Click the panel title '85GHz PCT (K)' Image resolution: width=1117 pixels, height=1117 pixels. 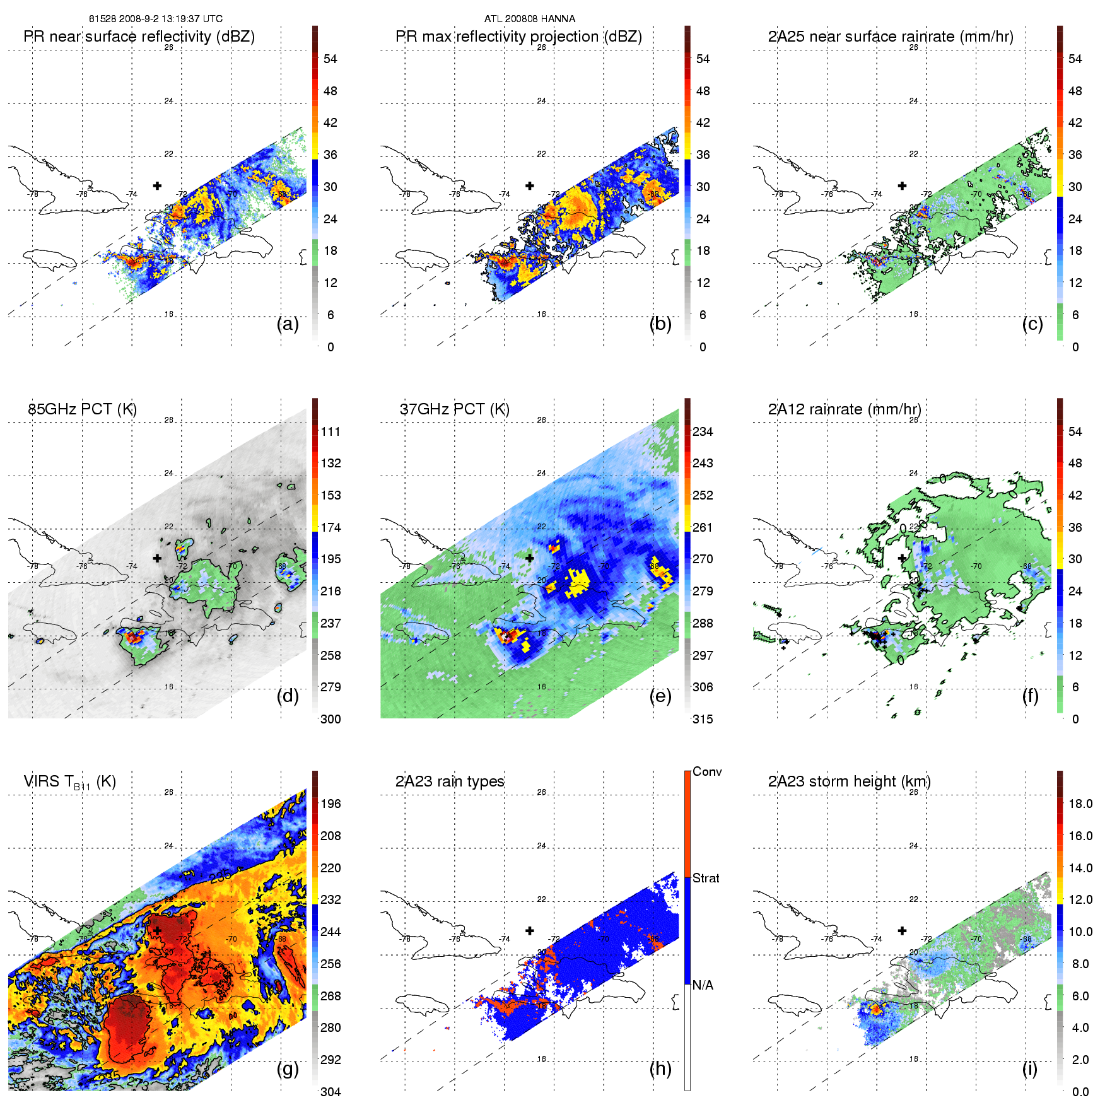point(82,409)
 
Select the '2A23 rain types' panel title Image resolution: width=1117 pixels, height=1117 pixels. point(450,781)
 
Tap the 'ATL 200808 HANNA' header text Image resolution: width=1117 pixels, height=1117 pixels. point(529,19)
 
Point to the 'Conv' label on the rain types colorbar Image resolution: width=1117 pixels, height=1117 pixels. point(707,771)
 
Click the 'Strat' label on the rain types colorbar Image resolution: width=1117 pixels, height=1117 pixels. point(706,878)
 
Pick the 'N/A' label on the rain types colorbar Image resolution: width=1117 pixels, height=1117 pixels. point(703,985)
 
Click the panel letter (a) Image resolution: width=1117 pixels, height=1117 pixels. point(288,324)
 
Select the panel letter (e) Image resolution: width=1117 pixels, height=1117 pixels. point(660,696)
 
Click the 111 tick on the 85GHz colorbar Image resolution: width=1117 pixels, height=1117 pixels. point(330,431)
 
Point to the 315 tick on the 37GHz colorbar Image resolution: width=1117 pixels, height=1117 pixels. point(703,719)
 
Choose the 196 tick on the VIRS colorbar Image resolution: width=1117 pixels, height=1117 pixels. point(330,804)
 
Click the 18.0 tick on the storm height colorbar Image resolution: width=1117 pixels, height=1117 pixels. point(1080,804)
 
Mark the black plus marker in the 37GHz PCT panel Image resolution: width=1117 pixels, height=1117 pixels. point(530,558)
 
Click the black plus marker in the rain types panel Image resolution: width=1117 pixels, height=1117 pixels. point(530,930)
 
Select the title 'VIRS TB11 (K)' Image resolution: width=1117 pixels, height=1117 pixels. point(69,782)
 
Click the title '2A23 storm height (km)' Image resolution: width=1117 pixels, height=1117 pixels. point(849,781)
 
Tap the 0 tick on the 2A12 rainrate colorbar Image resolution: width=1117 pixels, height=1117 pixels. point(1075,719)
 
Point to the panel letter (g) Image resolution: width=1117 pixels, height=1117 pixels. point(288,1068)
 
